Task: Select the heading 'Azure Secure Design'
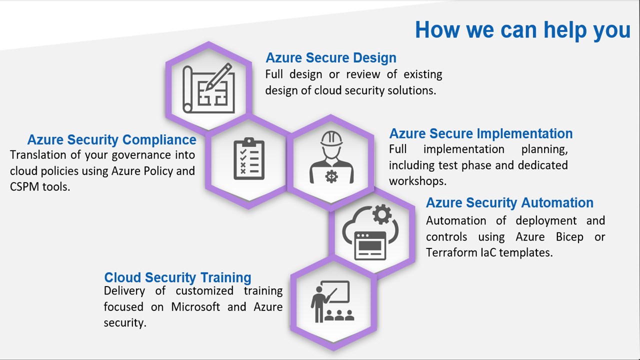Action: tap(331, 57)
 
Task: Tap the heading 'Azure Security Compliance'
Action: tap(111, 140)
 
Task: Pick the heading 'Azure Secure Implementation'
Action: tap(481, 133)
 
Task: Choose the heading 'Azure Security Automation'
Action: tap(509, 202)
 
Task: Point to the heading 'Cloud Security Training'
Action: tap(177, 277)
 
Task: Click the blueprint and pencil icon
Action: tap(208, 88)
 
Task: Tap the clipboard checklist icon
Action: tap(249, 158)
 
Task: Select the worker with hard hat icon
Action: tap(331, 157)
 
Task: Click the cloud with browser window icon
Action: tap(370, 232)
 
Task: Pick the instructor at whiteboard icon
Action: tap(332, 301)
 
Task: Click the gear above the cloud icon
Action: tap(382, 214)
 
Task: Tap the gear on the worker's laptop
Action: tap(331, 176)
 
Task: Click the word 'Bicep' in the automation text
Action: tap(569, 237)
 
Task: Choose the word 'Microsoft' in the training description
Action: tap(195, 307)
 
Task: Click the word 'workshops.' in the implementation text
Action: tap(417, 181)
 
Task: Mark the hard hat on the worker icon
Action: tap(331, 138)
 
